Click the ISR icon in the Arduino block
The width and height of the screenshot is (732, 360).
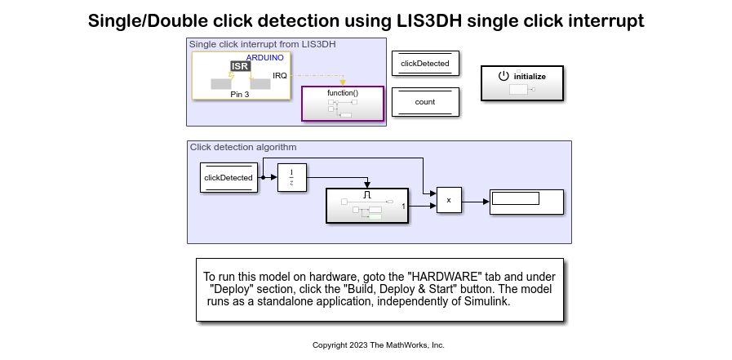(x=240, y=66)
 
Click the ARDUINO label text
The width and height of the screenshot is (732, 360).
(x=264, y=58)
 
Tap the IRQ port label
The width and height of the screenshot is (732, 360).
(x=279, y=76)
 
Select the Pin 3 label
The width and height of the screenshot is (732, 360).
(x=241, y=95)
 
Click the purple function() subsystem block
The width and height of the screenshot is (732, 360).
(x=343, y=104)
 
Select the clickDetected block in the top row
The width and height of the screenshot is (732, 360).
(x=425, y=63)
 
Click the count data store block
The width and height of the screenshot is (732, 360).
(x=425, y=102)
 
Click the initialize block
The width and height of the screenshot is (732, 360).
(x=521, y=82)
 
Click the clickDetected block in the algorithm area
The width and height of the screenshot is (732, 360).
(x=228, y=177)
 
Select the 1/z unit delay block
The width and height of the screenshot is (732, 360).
(x=292, y=177)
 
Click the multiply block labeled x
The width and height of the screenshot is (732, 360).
(x=449, y=200)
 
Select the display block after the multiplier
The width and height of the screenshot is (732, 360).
(x=526, y=202)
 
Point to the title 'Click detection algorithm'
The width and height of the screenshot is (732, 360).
(x=243, y=147)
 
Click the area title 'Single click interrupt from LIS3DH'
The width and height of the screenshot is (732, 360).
(x=262, y=44)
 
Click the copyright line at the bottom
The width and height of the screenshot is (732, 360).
(x=378, y=345)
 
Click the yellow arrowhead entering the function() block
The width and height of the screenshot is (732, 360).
(x=343, y=82)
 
